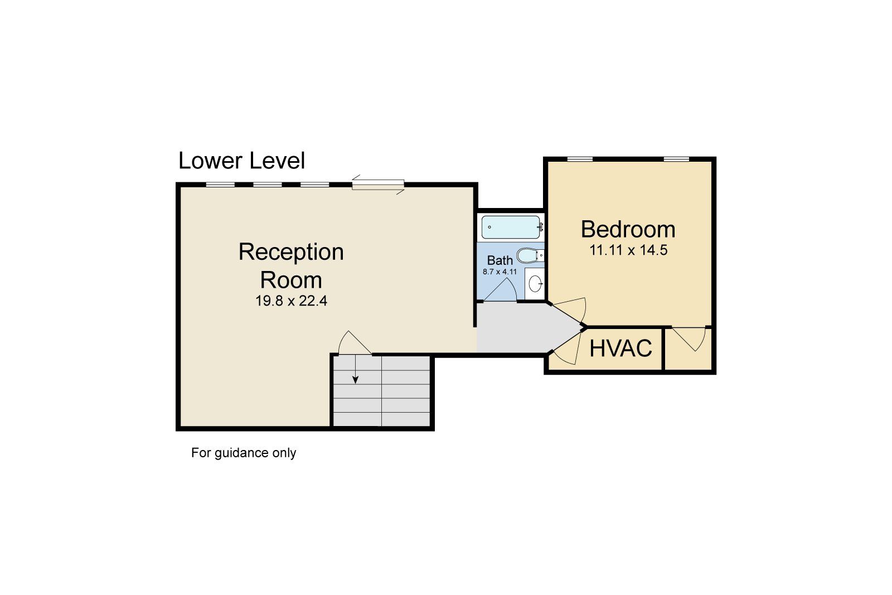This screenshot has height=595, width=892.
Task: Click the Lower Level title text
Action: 241,161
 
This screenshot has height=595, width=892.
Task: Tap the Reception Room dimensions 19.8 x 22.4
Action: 291,301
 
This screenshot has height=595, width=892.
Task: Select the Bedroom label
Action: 628,229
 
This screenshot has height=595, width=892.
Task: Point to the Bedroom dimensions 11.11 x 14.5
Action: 628,250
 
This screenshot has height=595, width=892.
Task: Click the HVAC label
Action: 620,349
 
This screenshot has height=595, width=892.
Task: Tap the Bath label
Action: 500,260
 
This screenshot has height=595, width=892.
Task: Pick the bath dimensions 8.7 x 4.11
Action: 500,272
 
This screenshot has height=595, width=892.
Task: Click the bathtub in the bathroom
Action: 511,227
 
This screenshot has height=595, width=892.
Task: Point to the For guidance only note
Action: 244,453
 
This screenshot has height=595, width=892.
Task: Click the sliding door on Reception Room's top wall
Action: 378,185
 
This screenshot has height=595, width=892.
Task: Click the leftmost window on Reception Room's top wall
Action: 220,185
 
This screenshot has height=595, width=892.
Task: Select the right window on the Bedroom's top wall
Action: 676,159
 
